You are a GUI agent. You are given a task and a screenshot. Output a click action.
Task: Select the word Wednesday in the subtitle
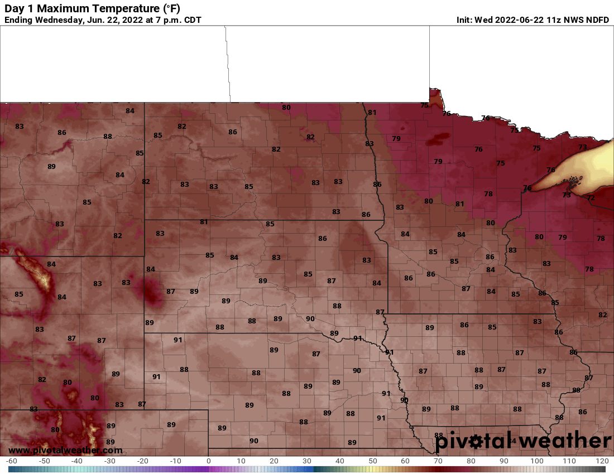60,20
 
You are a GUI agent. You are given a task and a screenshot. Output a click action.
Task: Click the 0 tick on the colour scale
208,461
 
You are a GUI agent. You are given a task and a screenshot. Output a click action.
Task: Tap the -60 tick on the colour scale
11,461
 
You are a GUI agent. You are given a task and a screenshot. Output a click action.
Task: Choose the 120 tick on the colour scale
602,461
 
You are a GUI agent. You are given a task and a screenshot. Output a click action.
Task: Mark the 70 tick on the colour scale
438,461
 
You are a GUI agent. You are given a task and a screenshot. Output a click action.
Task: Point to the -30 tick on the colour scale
110,461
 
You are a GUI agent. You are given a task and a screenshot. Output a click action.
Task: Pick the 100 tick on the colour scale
536,461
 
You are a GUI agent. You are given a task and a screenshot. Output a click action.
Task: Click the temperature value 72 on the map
591,198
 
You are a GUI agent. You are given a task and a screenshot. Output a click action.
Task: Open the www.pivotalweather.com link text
65,450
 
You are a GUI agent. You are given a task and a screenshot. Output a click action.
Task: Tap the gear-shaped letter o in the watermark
476,442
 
